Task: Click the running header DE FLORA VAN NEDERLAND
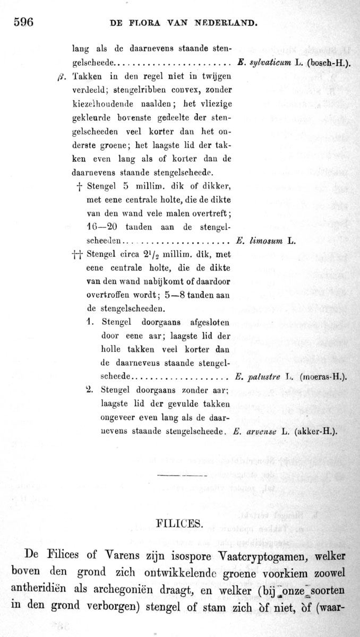[183, 23]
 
